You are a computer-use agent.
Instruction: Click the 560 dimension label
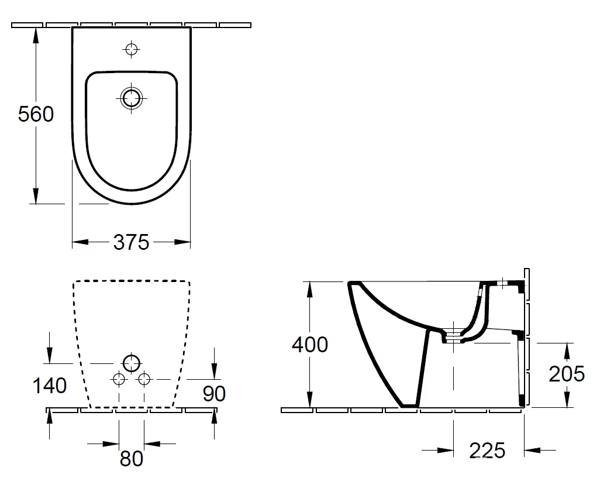point(36,114)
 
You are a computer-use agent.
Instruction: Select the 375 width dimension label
point(131,242)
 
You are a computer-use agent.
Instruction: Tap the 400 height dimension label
point(310,344)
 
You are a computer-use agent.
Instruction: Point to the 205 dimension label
point(567,374)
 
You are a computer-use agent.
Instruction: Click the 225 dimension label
point(487,451)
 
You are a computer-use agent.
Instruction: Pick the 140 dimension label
point(50,386)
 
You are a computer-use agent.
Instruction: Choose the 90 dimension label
point(214,393)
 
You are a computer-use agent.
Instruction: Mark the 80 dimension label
point(132,459)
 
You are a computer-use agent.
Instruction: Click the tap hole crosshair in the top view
point(131,49)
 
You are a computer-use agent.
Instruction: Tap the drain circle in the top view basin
point(131,98)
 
